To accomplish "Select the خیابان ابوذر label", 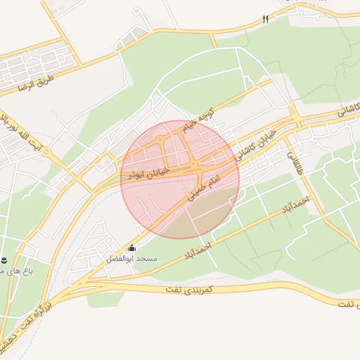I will coord(146,173).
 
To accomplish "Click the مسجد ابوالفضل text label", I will coord(131,259).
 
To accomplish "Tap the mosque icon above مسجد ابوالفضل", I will coord(131,248).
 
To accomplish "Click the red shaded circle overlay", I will coord(180,179).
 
